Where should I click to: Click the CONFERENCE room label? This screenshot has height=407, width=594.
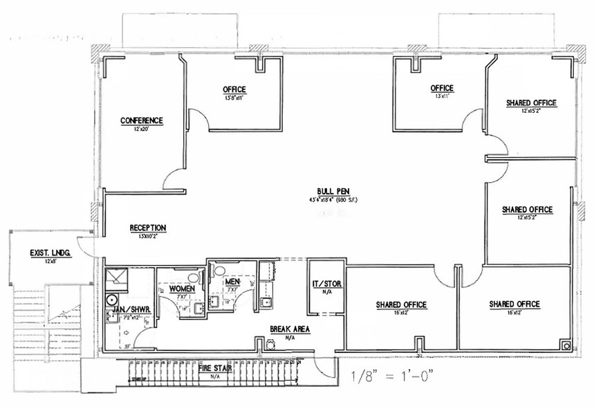tap(142, 120)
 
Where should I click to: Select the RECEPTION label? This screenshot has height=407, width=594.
tap(148, 227)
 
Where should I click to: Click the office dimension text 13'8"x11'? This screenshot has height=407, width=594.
tap(234, 98)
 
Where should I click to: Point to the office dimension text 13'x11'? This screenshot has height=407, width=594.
tap(442, 97)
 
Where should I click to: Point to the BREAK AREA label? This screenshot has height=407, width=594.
tap(289, 329)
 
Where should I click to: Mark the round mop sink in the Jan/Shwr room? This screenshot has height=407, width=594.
tap(111, 300)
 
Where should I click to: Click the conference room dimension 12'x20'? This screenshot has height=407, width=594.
tap(142, 129)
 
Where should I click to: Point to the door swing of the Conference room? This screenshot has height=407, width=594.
tap(174, 178)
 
